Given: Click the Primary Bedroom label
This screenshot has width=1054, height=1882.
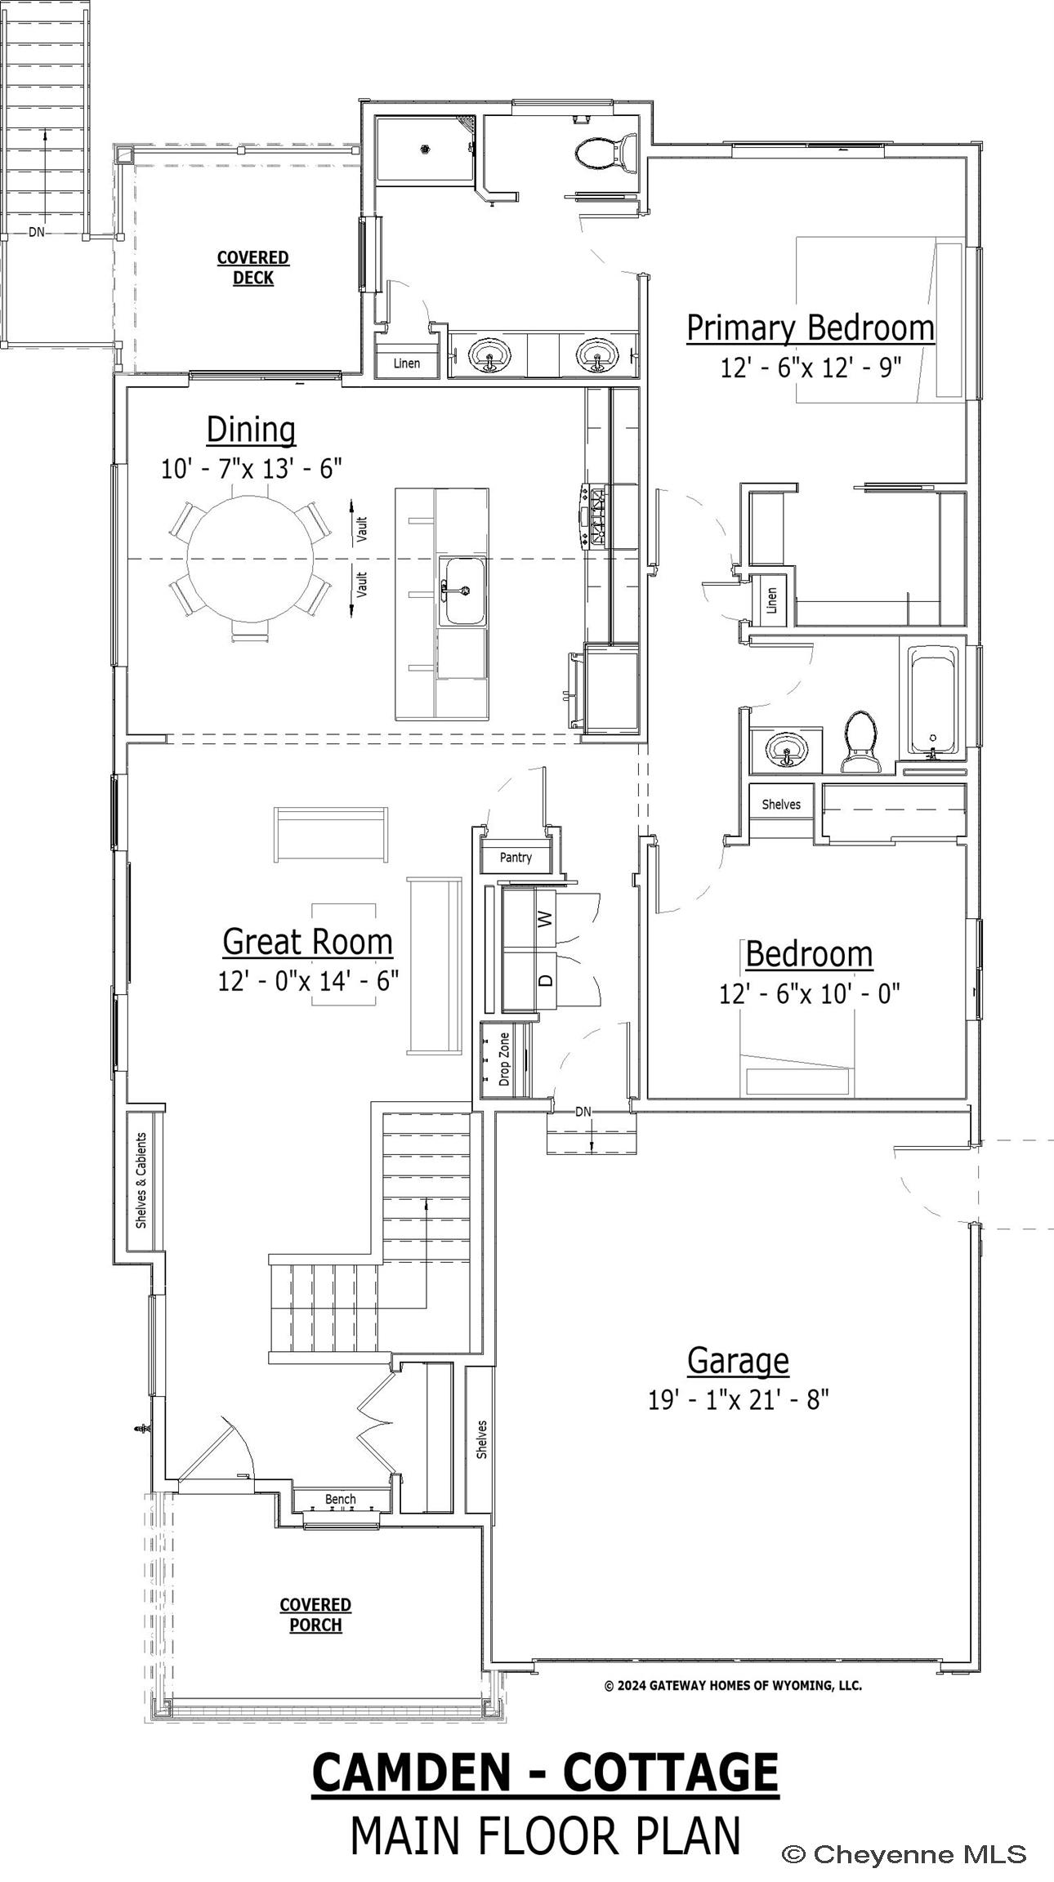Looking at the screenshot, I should coord(810,328).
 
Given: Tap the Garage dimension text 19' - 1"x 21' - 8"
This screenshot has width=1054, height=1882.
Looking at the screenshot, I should coord(739,1400).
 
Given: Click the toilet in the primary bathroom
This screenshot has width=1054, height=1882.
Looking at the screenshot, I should coord(605,152).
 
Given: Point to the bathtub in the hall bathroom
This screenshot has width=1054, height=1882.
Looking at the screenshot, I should coord(934,700).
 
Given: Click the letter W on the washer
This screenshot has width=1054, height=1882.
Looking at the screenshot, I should coord(546,919).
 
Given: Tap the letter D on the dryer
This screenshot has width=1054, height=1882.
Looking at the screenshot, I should coord(547,978).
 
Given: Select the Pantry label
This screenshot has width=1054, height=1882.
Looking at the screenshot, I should coord(516,857).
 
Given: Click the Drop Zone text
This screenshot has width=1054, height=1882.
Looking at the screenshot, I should coord(504,1059).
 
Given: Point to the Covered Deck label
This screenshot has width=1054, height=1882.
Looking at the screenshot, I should coord(253,267).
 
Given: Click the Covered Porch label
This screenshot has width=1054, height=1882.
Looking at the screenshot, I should coord(315,1615).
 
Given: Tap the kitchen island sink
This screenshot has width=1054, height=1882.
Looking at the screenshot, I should coord(463,591).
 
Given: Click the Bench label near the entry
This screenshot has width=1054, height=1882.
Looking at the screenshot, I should coord(341,1499).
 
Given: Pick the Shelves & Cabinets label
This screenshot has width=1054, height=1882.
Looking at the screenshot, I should coord(141,1180).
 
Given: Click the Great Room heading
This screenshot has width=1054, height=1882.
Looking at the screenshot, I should coord(307,941).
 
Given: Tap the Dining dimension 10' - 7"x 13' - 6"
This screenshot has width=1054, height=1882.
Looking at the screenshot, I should coord(251,468).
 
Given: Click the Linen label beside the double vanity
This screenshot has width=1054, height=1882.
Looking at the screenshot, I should coord(407,363).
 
